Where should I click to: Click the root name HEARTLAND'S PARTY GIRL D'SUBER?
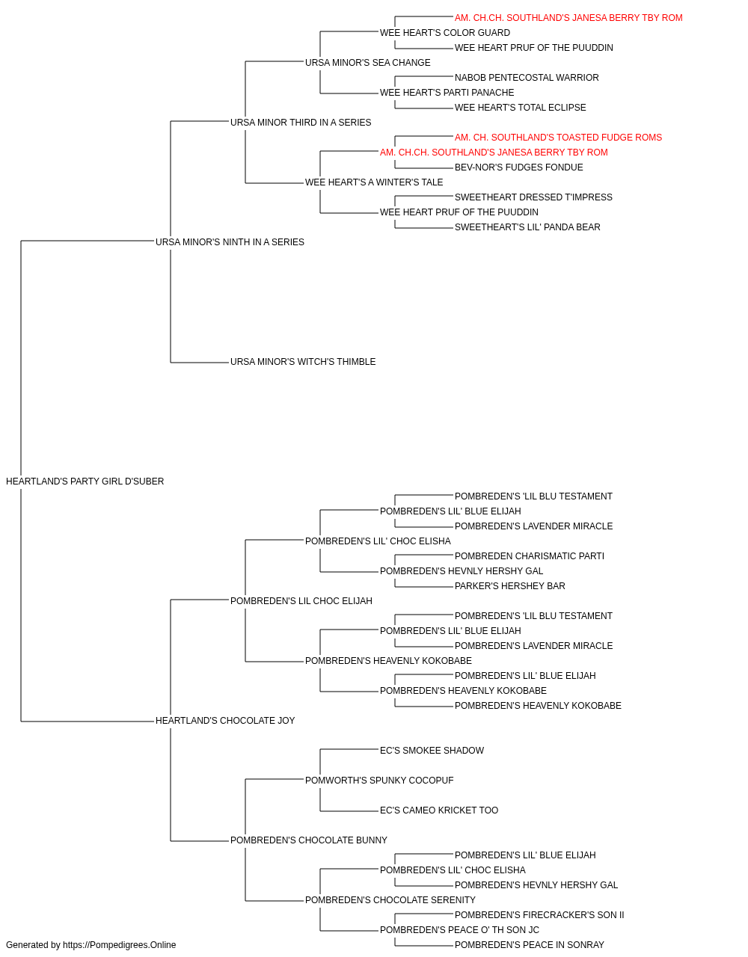pyautogui.click(x=85, y=481)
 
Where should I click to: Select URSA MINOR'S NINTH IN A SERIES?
pyautogui.click(x=230, y=242)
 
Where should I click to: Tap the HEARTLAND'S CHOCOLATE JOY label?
pyautogui.click(x=225, y=721)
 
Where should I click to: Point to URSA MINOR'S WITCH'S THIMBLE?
pyautogui.click(x=303, y=362)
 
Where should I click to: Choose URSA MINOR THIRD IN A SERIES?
pyautogui.click(x=301, y=123)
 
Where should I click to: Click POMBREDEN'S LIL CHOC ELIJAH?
pyautogui.click(x=301, y=600)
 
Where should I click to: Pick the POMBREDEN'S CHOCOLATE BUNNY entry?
pyautogui.click(x=309, y=840)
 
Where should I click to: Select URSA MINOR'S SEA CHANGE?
pyautogui.click(x=368, y=63)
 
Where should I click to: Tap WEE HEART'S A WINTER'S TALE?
pyautogui.click(x=374, y=182)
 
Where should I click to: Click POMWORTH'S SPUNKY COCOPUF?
pyautogui.click(x=379, y=781)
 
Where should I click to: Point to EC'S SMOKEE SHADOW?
pyautogui.click(x=432, y=751)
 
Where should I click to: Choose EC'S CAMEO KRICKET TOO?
pyautogui.click(x=439, y=810)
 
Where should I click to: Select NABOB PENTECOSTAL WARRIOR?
pyautogui.click(x=527, y=78)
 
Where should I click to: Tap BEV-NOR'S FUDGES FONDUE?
pyautogui.click(x=519, y=167)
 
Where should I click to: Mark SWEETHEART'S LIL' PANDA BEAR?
pyautogui.click(x=528, y=227)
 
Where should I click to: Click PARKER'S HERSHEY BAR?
pyautogui.click(x=510, y=585)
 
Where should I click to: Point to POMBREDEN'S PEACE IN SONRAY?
pyautogui.click(x=530, y=945)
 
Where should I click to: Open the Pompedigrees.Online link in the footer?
pyautogui.click(x=120, y=945)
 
